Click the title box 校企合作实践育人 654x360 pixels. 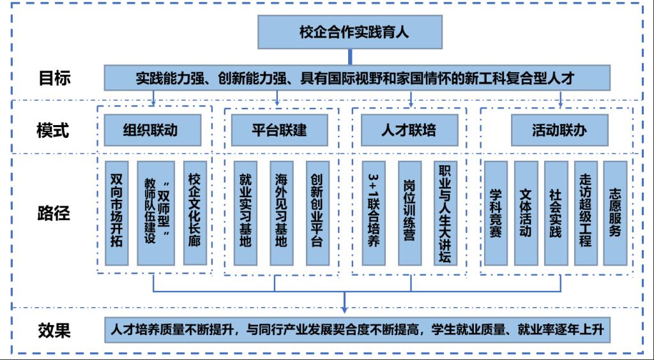pos(349,32)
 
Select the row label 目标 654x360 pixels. pos(54,79)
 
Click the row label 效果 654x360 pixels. pos(54,331)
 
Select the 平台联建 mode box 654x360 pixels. pos(278,130)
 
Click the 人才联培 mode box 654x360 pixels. pos(409,130)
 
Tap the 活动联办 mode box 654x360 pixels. pos(559,130)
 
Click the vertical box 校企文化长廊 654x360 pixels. pos(194,213)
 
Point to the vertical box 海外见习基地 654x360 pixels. pos(281,213)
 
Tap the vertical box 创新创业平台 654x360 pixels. pos(317,213)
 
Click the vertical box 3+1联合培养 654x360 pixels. pos(374,213)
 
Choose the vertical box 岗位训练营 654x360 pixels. pos(409,213)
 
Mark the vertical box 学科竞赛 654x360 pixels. pos(496,213)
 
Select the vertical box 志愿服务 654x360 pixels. pos(615,213)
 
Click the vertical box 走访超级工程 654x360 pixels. pos(586,213)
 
